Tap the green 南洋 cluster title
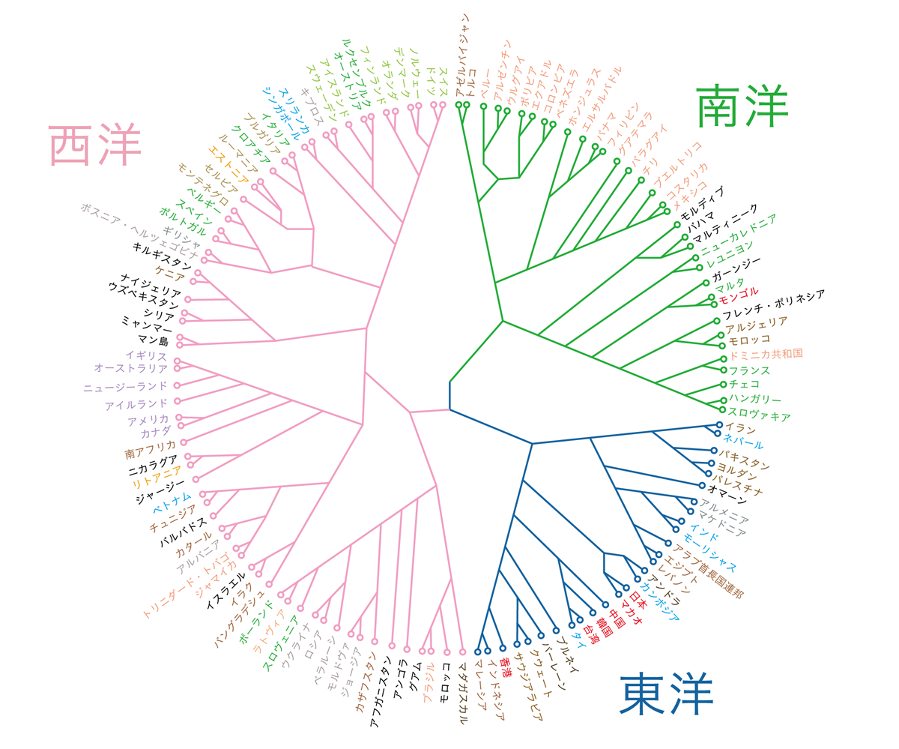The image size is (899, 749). [x=742, y=106]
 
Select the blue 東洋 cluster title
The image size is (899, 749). [x=666, y=694]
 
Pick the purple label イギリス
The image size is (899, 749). [x=146, y=355]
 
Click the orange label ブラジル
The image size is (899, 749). [x=429, y=683]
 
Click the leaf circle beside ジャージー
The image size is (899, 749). [x=196, y=479]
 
